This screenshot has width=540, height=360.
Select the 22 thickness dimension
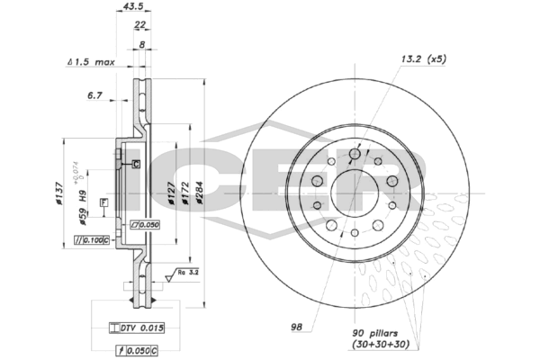point(140,25)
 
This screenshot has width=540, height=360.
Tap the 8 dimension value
point(142,43)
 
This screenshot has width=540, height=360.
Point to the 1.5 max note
point(91,62)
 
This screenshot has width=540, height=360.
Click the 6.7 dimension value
point(95,94)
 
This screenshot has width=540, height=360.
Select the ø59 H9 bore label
point(83,209)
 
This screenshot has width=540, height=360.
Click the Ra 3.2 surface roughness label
point(188,271)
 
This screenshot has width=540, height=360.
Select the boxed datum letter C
point(136,163)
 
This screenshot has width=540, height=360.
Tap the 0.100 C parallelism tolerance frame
point(91,240)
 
